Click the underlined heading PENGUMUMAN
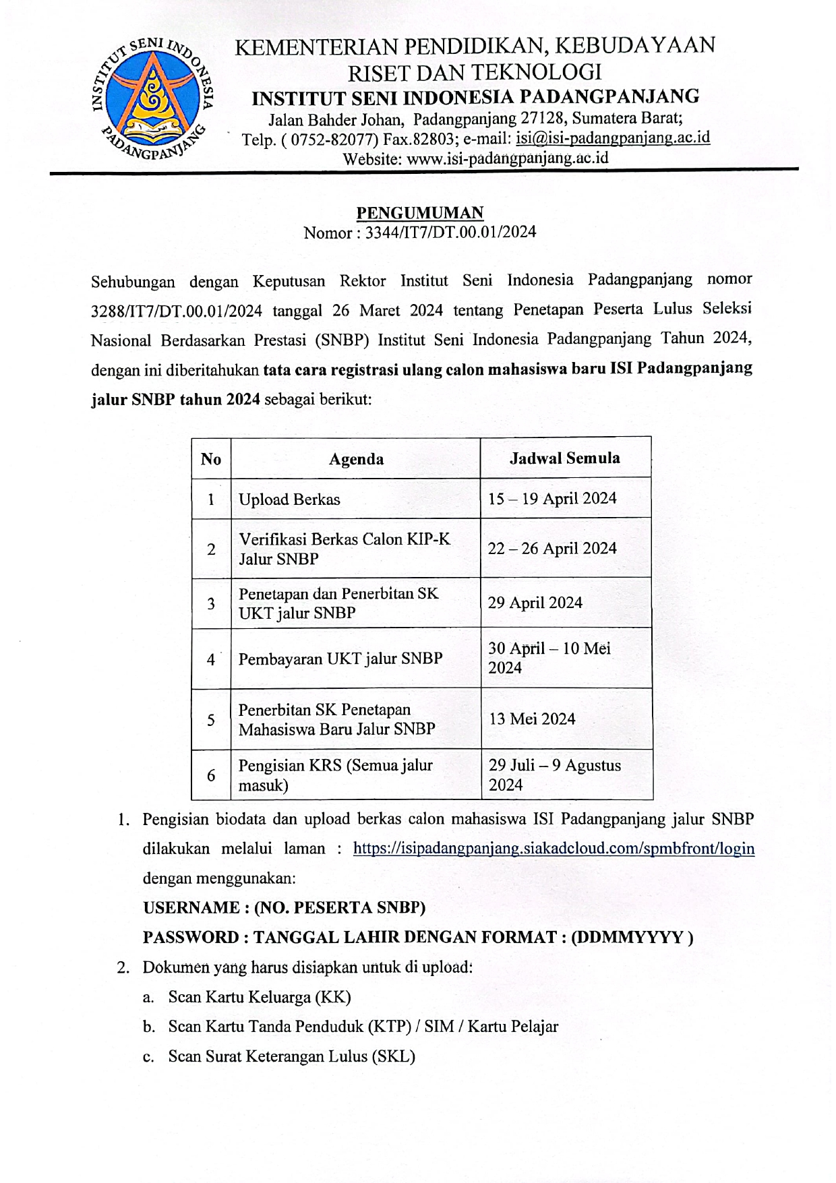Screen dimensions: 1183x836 point(419,213)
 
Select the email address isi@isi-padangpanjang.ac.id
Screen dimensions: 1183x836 point(612,138)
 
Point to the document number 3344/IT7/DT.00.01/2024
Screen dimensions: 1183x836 point(450,233)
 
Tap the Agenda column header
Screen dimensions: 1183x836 point(356,459)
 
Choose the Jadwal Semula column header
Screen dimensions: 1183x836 point(565,458)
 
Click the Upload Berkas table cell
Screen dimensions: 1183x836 point(289,499)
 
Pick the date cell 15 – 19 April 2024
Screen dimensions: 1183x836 point(552,498)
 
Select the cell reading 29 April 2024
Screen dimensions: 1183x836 point(535,603)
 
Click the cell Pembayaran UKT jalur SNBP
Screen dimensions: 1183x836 point(340,659)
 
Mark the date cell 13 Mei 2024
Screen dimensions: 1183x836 point(532,719)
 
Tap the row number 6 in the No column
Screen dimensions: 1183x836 point(211,775)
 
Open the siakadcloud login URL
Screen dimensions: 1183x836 point(554,849)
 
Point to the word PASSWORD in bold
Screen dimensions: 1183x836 point(191,938)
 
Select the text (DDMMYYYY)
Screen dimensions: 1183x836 point(632,938)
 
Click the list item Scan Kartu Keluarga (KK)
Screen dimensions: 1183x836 point(260,997)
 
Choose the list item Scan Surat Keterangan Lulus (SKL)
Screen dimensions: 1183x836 point(291,1056)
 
